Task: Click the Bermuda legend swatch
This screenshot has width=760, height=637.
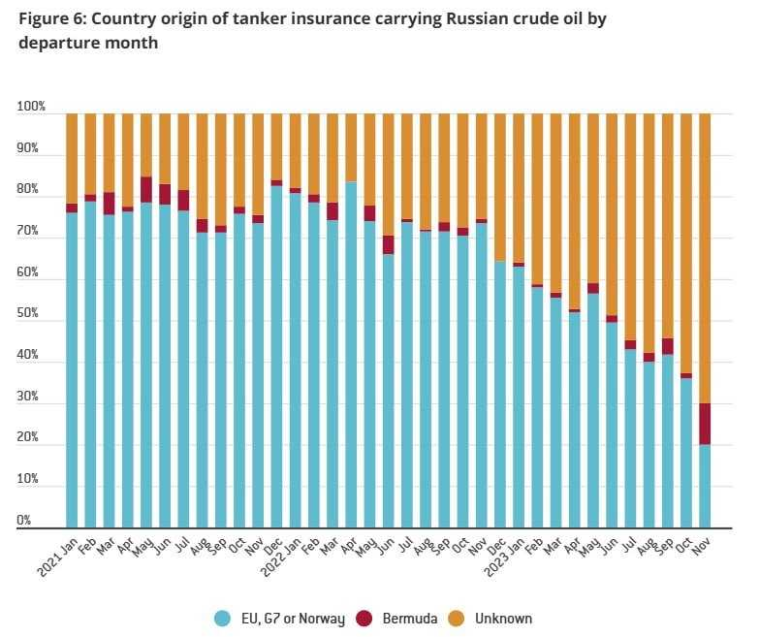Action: coord(364,618)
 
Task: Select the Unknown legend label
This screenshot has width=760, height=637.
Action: coord(503,618)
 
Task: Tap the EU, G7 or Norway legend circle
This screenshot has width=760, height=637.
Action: coord(222,618)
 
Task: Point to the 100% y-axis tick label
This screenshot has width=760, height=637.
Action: coord(31,107)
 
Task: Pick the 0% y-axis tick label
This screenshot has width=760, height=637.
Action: coord(25,521)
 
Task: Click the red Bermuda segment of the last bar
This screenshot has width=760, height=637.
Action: coord(704,424)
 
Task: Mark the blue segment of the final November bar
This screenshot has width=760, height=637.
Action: coord(704,485)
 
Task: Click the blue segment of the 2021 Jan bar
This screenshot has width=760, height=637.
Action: coord(72,368)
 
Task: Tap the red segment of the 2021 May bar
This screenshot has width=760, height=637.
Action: coord(146,189)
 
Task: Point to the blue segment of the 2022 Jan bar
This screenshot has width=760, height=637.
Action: coord(295,359)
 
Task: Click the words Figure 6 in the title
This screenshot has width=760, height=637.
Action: coord(53,18)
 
